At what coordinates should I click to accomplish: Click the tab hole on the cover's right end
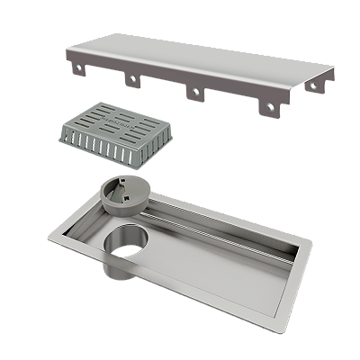313,87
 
